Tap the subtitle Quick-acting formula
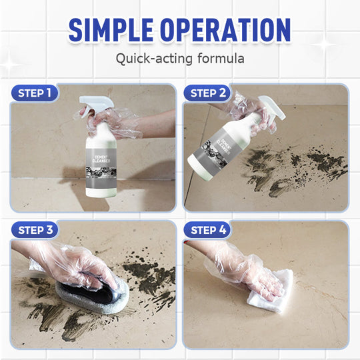[180, 58]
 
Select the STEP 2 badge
[207, 93]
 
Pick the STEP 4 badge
[207, 230]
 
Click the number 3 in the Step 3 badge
[49, 230]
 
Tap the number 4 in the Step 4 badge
[223, 230]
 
